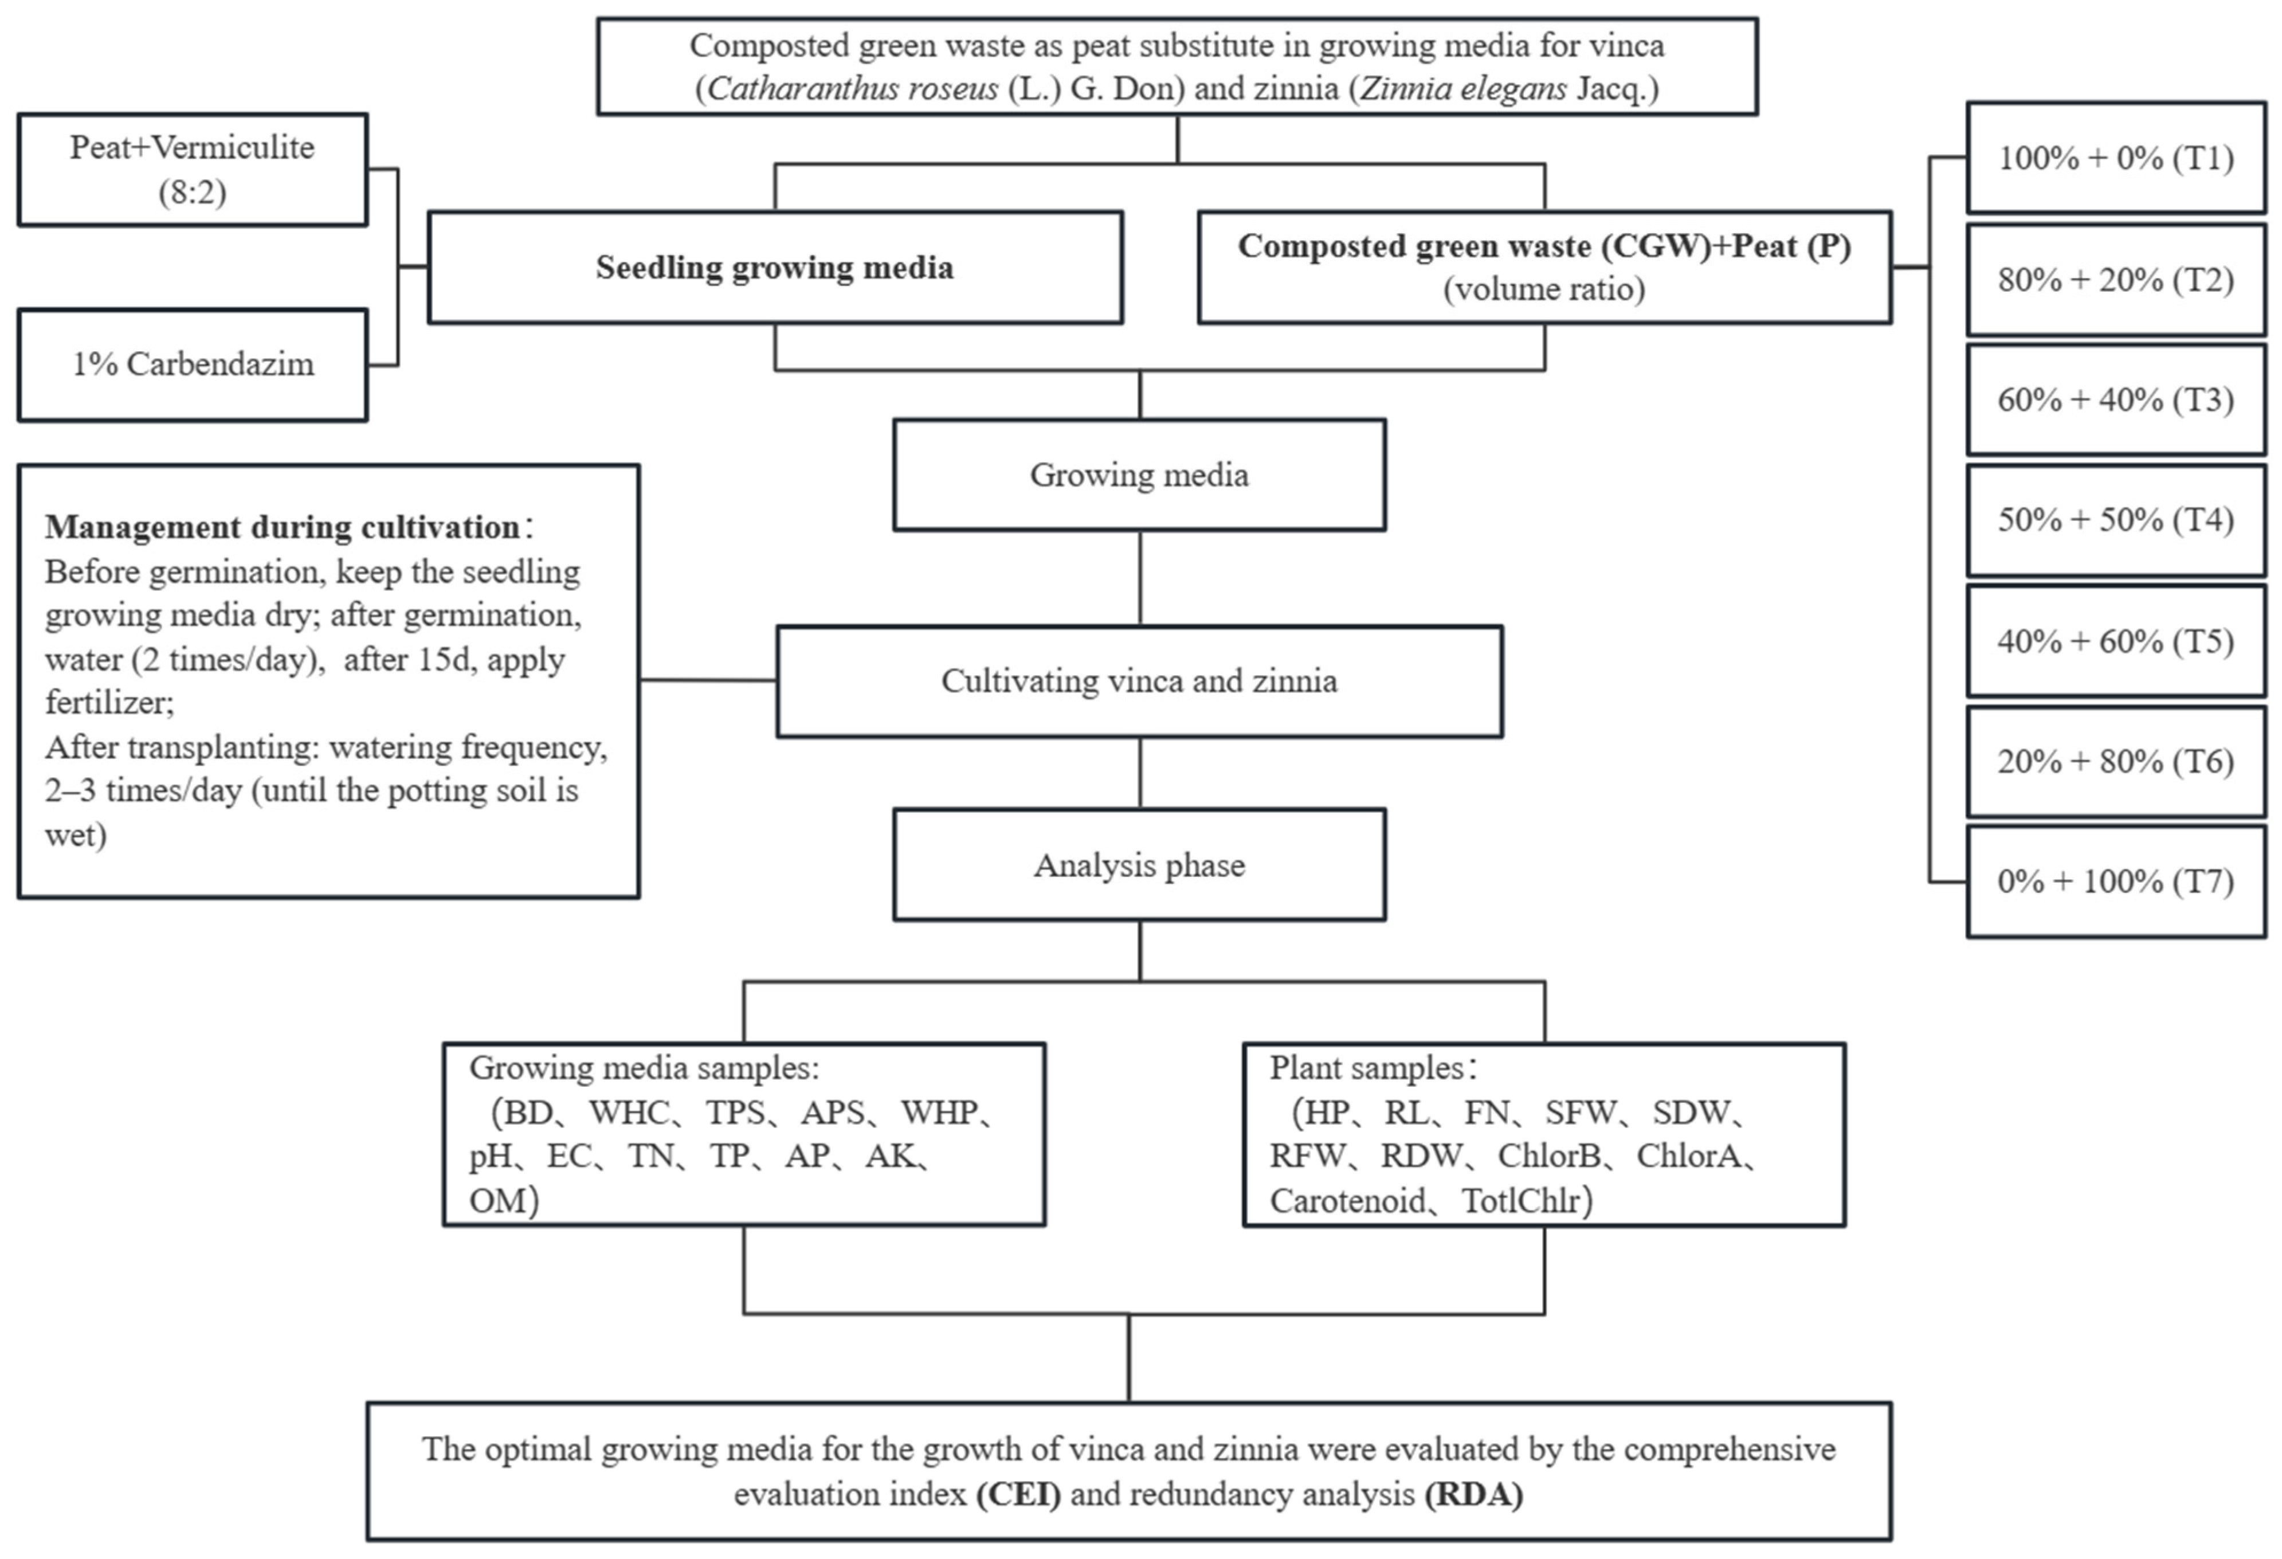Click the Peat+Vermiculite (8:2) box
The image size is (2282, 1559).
coord(193,169)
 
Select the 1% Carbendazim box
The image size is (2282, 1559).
coord(193,365)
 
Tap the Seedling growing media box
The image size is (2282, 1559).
coord(775,267)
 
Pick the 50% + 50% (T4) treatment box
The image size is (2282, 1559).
coord(2115,520)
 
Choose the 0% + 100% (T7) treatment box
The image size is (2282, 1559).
coord(2115,881)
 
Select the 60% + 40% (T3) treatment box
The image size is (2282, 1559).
coord(2115,400)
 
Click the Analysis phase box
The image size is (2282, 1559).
coord(1139,864)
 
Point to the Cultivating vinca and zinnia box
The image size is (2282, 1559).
coord(1139,681)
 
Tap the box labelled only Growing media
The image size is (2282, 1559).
coord(1139,476)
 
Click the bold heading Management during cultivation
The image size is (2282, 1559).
coord(283,527)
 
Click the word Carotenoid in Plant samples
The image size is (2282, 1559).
coord(1347,1200)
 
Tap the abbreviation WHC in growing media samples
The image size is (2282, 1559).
coord(629,1112)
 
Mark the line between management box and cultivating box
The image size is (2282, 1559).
coord(708,680)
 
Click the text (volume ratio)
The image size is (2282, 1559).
coord(1544,289)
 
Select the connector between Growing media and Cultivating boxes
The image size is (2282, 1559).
coord(1140,578)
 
